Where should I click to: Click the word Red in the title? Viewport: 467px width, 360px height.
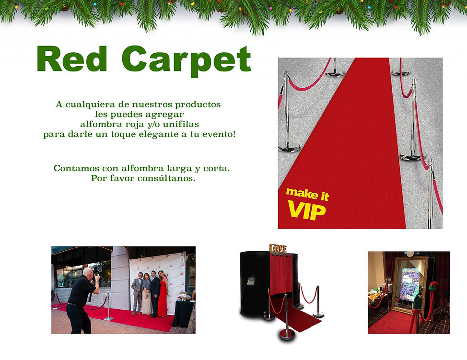click(x=72, y=59)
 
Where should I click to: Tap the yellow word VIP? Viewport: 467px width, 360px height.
click(x=306, y=210)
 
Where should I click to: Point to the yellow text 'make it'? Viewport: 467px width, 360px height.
click(x=307, y=194)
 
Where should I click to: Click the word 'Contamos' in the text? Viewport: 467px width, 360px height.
click(x=72, y=168)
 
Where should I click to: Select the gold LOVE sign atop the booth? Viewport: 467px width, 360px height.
click(x=278, y=248)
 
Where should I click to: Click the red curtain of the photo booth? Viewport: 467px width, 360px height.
click(x=281, y=273)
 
